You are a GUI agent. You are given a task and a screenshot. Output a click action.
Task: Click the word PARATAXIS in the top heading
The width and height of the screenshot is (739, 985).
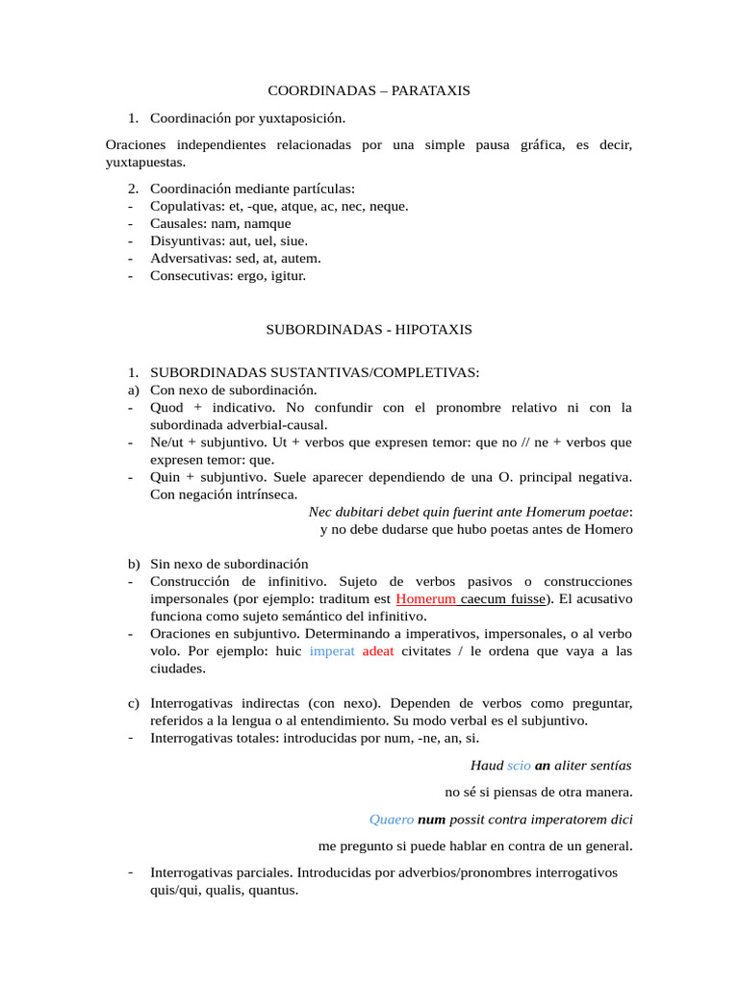[x=431, y=90]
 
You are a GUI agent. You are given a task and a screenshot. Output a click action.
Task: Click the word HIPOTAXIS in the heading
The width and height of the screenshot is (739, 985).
[x=433, y=329]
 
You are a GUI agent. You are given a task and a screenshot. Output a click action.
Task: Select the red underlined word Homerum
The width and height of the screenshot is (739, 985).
[x=425, y=598]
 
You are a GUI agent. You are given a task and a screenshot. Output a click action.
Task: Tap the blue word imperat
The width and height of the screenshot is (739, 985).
[x=332, y=651]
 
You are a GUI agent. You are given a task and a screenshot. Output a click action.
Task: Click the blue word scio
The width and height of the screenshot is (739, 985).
[x=519, y=766]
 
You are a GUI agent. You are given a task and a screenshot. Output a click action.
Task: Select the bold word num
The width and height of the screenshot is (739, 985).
[x=432, y=820]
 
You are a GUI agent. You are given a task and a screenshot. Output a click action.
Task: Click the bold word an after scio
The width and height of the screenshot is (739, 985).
[x=544, y=766]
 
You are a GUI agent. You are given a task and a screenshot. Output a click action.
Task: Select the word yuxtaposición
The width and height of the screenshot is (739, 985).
[x=297, y=118]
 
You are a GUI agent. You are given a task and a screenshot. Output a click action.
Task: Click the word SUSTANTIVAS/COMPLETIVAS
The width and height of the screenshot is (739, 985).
[x=380, y=372]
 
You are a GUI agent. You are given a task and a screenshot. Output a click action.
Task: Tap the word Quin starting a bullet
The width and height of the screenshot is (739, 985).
[x=165, y=477]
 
